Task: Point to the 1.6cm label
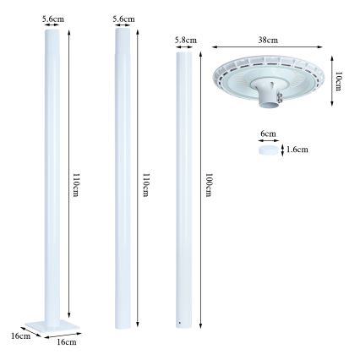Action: tap(297, 150)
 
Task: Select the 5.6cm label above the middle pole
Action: tap(124, 17)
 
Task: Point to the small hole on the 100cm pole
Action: tap(179, 323)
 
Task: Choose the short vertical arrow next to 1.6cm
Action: tap(283, 151)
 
